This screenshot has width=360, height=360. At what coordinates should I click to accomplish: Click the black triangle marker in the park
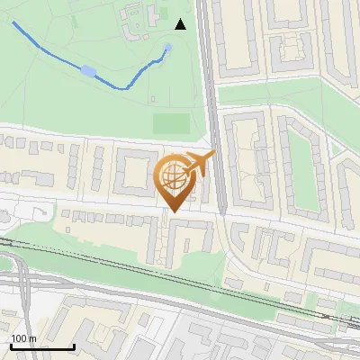tap(181, 24)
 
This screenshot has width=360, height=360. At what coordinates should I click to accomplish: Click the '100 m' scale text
tap(23, 337)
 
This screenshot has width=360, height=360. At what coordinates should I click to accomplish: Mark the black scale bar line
tap(41, 346)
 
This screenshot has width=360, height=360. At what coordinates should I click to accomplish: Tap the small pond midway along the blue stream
tap(87, 70)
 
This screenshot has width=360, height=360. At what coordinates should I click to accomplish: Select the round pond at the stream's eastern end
tap(168, 47)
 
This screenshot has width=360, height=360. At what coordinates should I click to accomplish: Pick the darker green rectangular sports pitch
tap(171, 123)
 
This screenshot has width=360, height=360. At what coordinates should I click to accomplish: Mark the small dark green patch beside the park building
tap(153, 14)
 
